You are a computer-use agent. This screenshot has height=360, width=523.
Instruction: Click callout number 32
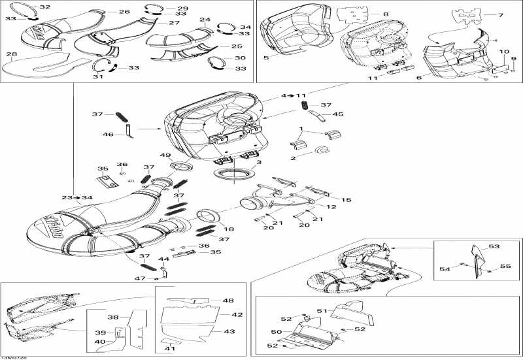(45, 7)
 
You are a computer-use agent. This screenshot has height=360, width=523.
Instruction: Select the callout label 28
(12, 54)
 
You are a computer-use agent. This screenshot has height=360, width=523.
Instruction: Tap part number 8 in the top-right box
(385, 14)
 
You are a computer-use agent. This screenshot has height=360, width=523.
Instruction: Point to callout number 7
(501, 14)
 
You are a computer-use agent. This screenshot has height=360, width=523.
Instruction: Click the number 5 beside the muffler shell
(266, 58)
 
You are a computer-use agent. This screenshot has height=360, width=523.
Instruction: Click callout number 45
(338, 114)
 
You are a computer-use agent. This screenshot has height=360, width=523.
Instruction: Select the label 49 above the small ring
(165, 155)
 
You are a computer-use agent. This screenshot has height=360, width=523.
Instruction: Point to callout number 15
(346, 200)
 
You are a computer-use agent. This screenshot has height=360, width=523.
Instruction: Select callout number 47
(140, 278)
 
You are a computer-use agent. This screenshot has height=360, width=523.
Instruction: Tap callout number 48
(228, 301)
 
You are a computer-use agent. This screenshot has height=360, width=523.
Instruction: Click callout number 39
(100, 332)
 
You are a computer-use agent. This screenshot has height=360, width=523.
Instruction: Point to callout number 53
(494, 246)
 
